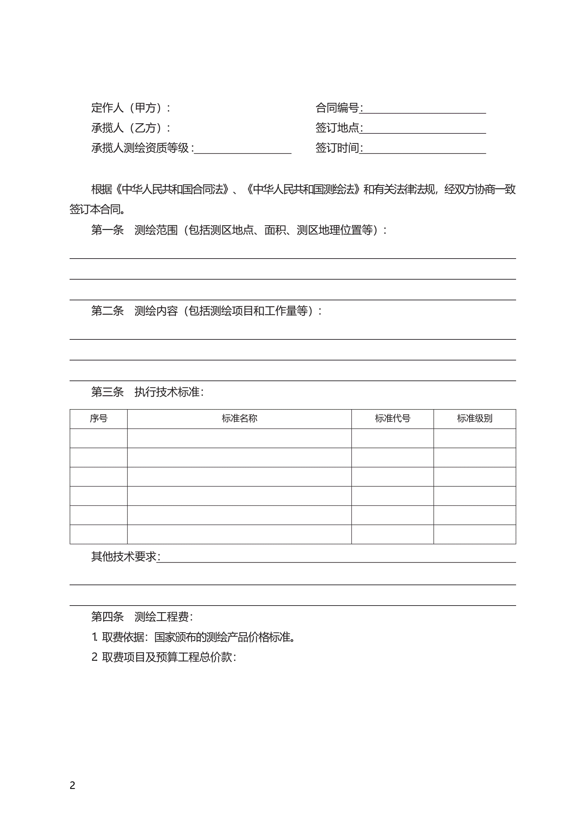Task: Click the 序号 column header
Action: tap(98, 418)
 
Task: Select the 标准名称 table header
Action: tap(239, 418)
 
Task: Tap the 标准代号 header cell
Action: tap(392, 418)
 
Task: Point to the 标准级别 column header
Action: tap(474, 418)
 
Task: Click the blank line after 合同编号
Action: tap(423, 109)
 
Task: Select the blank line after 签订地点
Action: tap(423, 129)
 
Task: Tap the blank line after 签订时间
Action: tap(423, 150)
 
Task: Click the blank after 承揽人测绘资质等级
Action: tap(243, 150)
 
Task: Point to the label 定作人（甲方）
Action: tap(130, 108)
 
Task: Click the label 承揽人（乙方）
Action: tap(130, 128)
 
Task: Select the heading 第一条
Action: tap(107, 230)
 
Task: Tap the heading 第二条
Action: tap(107, 311)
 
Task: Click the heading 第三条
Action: tap(107, 392)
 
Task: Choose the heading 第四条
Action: tap(107, 617)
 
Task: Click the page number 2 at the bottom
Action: tap(73, 786)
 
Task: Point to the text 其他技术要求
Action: tap(124, 557)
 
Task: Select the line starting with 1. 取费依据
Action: tap(194, 637)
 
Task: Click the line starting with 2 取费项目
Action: tap(164, 657)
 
